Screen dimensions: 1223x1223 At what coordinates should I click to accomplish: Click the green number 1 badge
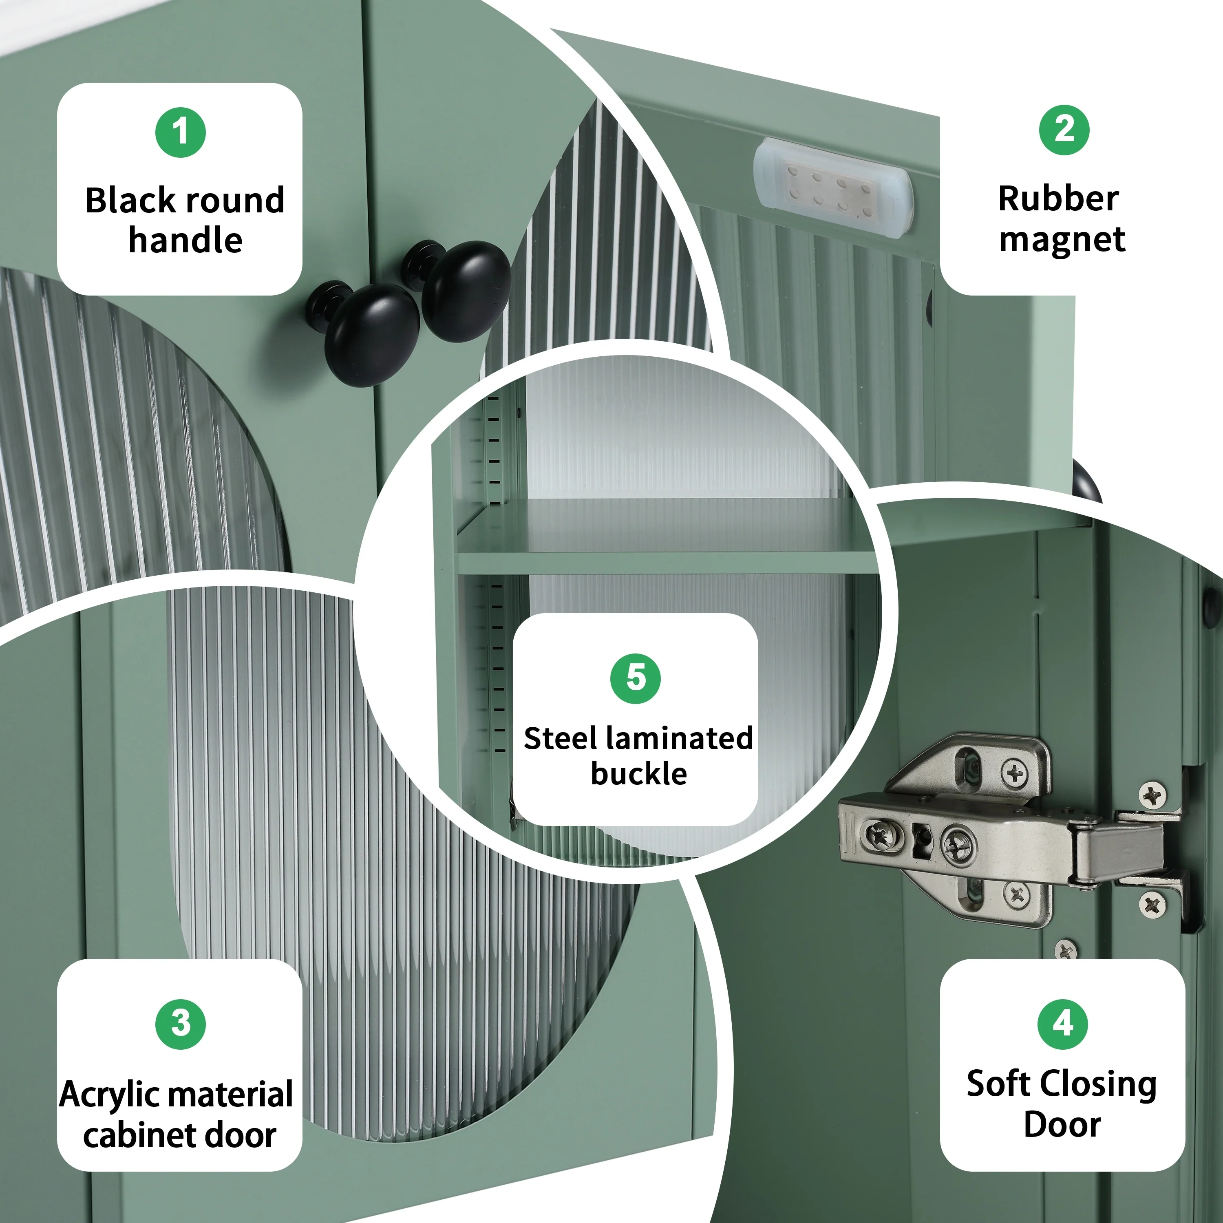(181, 132)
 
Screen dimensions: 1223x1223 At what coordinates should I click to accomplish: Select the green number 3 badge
(181, 1024)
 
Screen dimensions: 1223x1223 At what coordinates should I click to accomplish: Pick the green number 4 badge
(1063, 1024)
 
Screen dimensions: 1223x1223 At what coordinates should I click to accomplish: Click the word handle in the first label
(185, 241)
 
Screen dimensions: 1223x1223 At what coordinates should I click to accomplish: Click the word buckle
(639, 774)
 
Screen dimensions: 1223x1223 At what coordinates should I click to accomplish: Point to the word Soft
(996, 1084)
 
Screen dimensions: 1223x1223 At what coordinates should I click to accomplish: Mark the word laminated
(679, 738)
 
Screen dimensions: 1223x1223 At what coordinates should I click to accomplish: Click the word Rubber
(1058, 199)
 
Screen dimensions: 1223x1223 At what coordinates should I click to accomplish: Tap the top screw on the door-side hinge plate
(1152, 795)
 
